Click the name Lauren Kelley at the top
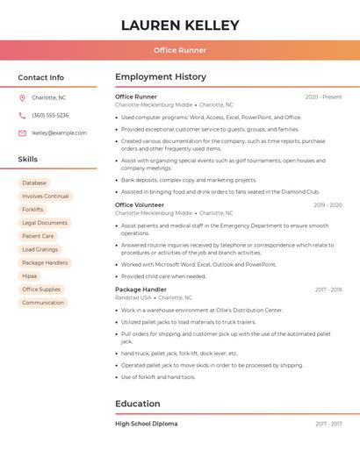click(180, 25)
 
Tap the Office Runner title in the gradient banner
click(180, 50)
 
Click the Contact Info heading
click(41, 77)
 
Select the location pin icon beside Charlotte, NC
click(22, 97)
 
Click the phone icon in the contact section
click(22, 115)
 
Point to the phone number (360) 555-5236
click(50, 115)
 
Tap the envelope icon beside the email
click(22, 133)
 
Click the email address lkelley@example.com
click(59, 133)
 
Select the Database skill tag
click(34, 183)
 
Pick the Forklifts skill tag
click(32, 210)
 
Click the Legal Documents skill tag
click(45, 223)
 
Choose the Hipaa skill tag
click(30, 276)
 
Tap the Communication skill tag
click(43, 303)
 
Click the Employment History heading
click(161, 77)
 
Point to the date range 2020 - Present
click(323, 97)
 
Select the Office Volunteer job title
click(140, 205)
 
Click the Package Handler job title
click(140, 290)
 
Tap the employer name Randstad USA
click(133, 297)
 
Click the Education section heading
click(138, 404)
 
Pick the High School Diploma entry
click(147, 424)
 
